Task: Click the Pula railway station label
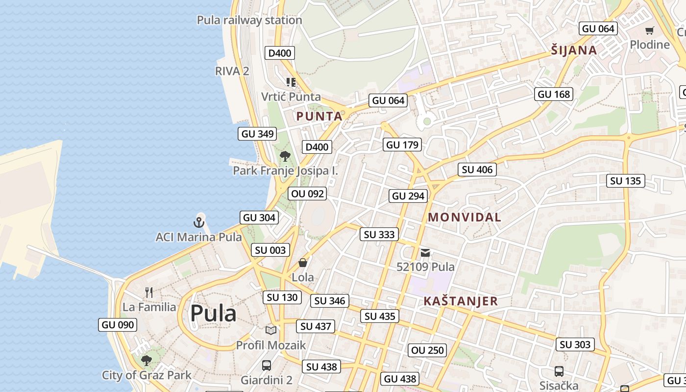[x=249, y=20]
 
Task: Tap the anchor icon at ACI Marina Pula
[x=198, y=222]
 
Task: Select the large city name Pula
[x=213, y=313]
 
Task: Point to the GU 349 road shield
[x=258, y=133]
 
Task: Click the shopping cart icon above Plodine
[x=650, y=30]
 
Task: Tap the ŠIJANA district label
[x=574, y=50]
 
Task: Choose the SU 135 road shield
[x=626, y=181]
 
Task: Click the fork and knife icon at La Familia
[x=149, y=293]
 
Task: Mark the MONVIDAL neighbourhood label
[x=465, y=217]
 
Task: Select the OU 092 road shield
[x=308, y=194]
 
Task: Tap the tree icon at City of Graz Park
[x=146, y=361]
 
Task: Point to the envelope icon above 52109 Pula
[x=425, y=253]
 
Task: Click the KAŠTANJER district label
[x=461, y=301]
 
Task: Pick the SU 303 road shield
[x=575, y=344]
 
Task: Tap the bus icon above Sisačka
[x=559, y=371]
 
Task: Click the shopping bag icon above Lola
[x=303, y=263]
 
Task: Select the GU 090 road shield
[x=117, y=324]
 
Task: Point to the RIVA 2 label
[x=232, y=71]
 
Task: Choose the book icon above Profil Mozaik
[x=271, y=330]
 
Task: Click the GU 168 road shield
[x=554, y=94]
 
